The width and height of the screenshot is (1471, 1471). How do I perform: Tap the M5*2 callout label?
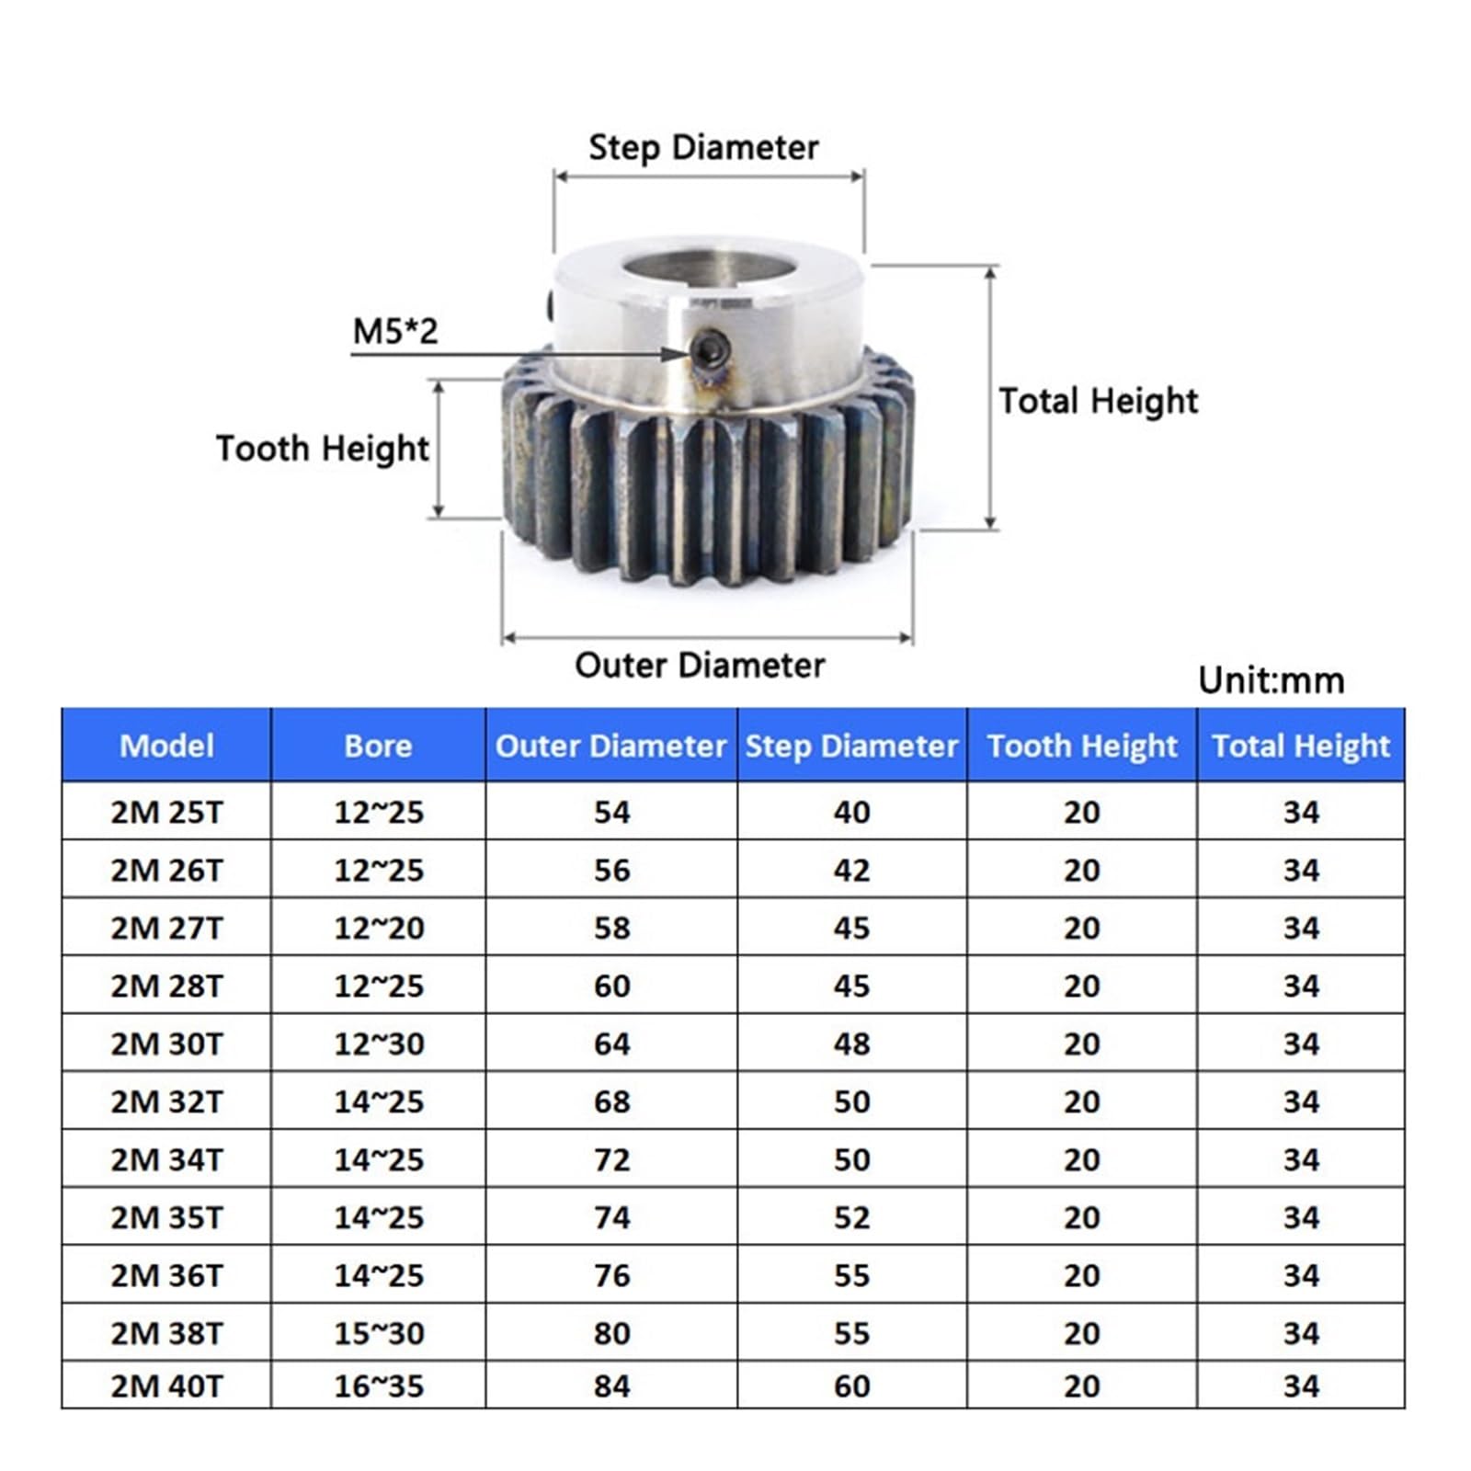(395, 331)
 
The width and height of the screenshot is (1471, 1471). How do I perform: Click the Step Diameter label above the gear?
(703, 148)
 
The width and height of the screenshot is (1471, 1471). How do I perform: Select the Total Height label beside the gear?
(1098, 401)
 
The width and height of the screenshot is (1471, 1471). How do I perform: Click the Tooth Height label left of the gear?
(322, 449)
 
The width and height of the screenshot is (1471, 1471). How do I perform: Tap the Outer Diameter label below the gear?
(700, 666)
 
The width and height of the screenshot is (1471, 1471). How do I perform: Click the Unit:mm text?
(1271, 680)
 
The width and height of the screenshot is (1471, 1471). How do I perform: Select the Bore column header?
(378, 746)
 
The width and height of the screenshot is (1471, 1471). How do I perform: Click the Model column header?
(166, 746)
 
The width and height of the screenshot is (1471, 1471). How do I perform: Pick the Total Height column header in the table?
(1300, 746)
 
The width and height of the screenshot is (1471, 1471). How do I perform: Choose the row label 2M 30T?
(166, 1043)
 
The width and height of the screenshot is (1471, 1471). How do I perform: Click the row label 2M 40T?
(166, 1385)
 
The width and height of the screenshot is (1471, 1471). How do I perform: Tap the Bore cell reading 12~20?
(379, 928)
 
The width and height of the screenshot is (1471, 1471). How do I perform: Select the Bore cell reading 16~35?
(379, 1385)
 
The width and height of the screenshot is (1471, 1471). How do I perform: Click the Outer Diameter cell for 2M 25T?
(611, 812)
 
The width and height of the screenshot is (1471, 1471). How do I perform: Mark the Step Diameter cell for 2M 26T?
(851, 870)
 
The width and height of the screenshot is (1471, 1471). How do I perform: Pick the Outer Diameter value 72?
(611, 1159)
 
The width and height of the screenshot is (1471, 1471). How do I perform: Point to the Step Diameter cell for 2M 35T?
(851, 1217)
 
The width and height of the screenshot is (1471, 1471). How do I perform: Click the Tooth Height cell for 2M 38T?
(1081, 1333)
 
